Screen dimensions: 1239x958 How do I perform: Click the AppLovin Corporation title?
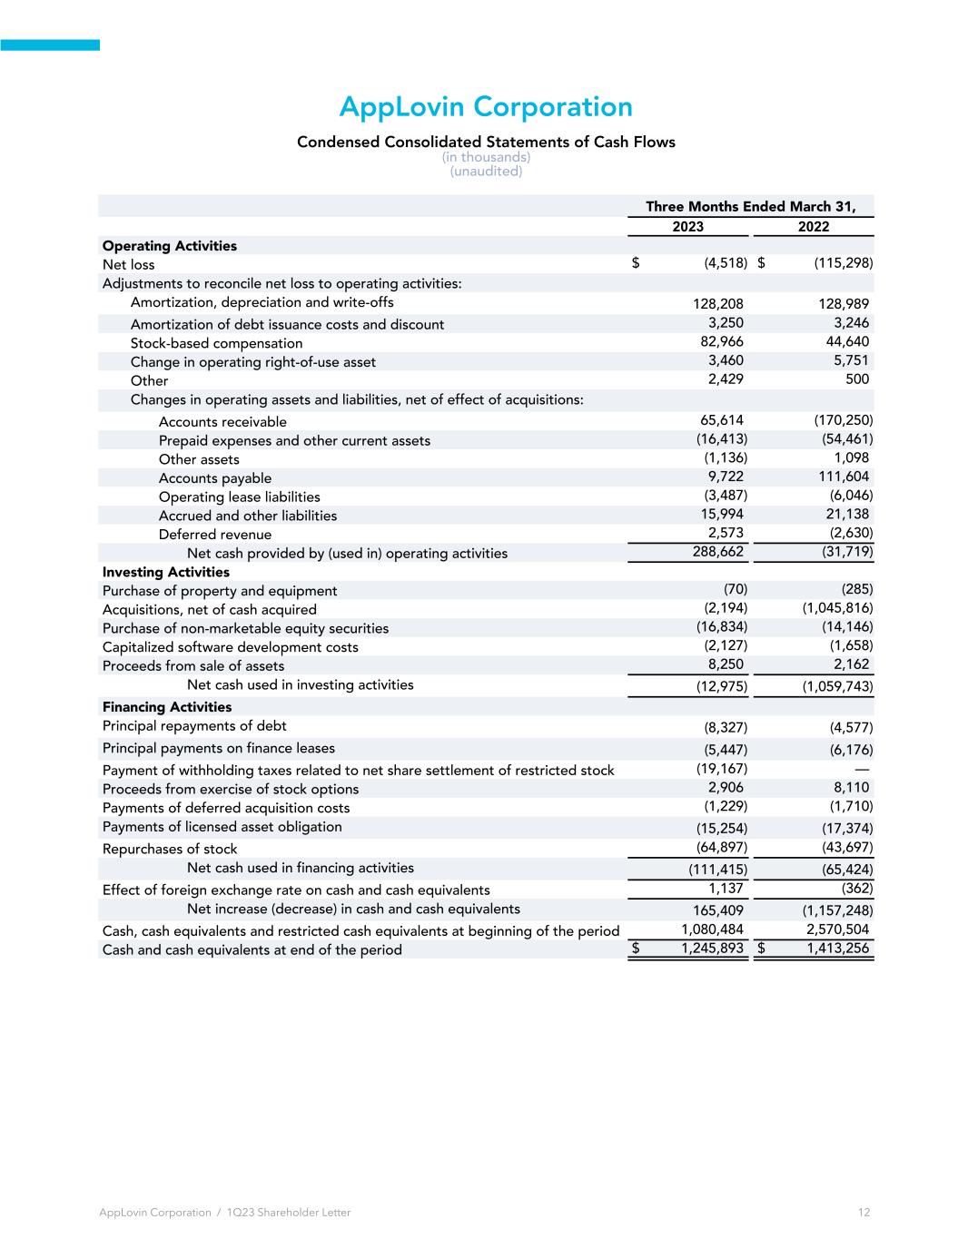click(x=486, y=107)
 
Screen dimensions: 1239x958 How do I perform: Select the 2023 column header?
click(x=687, y=227)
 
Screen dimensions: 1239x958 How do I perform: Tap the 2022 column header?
click(x=814, y=227)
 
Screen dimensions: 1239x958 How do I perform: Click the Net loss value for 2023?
click(x=726, y=263)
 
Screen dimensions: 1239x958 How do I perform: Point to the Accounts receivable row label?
click(x=222, y=422)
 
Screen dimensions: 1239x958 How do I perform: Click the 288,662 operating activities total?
click(x=718, y=551)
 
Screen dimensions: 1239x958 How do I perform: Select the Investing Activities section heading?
click(x=166, y=572)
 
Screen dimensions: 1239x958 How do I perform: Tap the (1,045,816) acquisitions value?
click(x=837, y=608)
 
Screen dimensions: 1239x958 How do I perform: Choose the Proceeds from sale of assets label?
click(x=193, y=666)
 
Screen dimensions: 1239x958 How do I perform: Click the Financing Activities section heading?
click(x=167, y=707)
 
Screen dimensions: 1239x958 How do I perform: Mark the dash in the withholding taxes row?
click(x=864, y=770)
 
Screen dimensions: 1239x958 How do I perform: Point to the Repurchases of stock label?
click(x=170, y=849)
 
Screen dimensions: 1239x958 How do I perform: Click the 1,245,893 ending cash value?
click(x=713, y=949)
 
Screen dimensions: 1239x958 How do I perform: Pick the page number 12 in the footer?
click(x=864, y=1213)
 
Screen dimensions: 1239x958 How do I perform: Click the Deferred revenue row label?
click(x=215, y=535)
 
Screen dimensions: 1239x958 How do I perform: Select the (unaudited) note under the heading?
click(x=486, y=172)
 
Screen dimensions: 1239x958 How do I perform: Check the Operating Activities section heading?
click(x=170, y=246)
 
